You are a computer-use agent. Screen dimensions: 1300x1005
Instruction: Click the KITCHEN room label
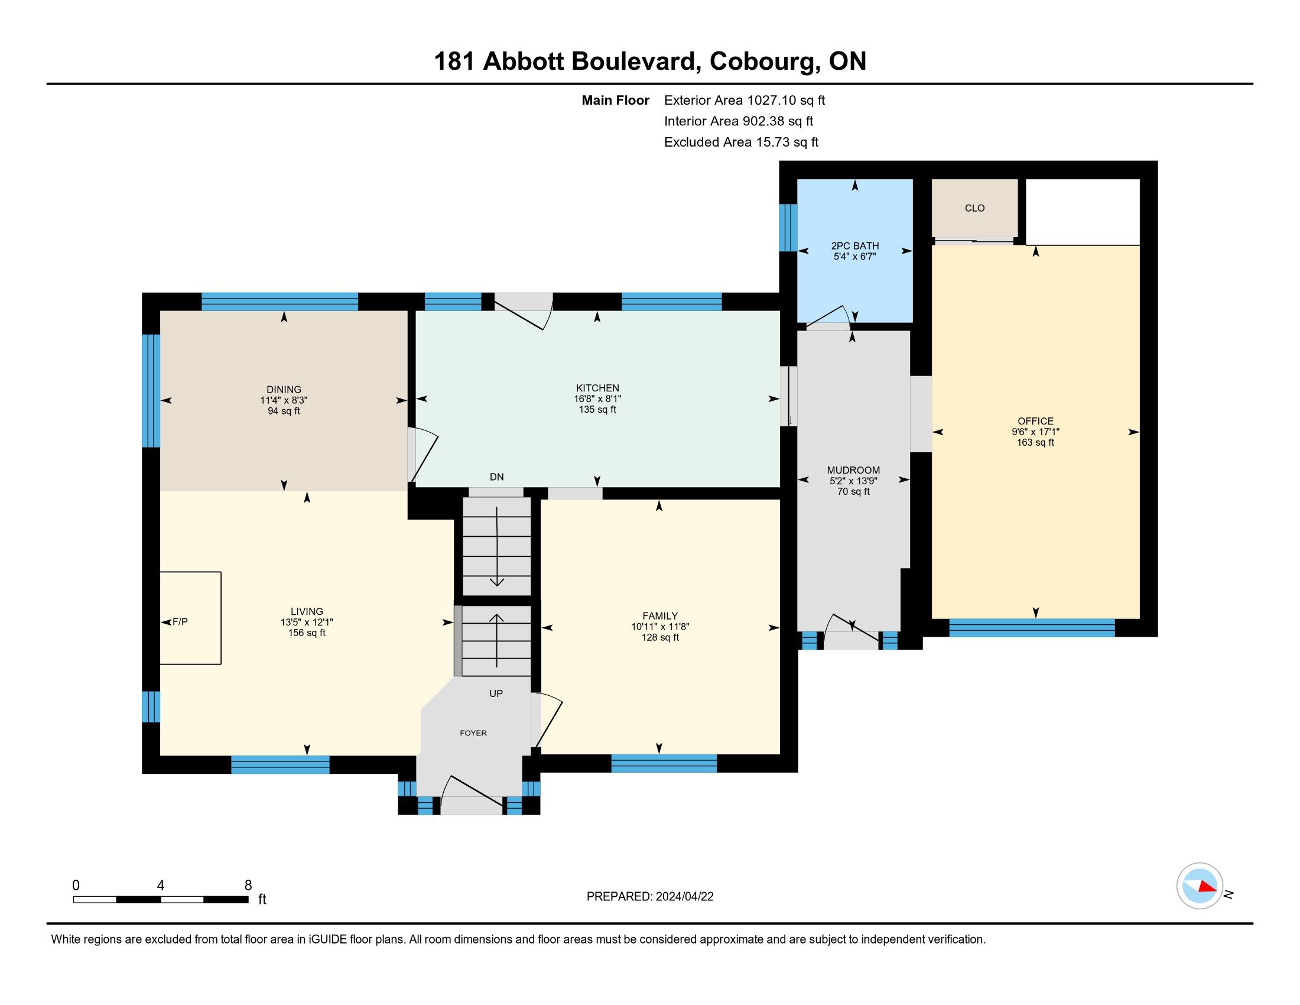pos(597,388)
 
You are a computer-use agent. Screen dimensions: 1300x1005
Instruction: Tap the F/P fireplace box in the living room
pos(190,617)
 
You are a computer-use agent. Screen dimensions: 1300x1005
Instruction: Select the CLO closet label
pos(974,208)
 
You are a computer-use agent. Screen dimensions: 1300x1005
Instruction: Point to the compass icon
pos(1200,886)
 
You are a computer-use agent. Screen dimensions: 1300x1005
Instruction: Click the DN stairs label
pos(496,477)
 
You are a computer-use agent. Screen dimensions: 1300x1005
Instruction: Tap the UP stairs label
pos(496,693)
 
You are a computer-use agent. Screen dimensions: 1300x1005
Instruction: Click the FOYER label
pos(473,733)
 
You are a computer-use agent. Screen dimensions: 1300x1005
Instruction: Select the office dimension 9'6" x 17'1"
pos(1035,432)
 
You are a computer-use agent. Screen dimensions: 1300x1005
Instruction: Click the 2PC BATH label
pos(855,246)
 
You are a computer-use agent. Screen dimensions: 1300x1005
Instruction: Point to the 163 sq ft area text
pos(1035,443)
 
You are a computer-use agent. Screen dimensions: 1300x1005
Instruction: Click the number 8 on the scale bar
pos(248,886)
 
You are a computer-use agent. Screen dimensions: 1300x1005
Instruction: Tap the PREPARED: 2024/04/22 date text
pos(650,897)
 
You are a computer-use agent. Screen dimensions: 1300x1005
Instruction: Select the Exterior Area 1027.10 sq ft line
pos(745,100)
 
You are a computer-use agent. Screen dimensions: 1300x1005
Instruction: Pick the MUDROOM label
pos(853,471)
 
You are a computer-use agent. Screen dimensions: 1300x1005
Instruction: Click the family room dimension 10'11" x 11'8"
pos(660,627)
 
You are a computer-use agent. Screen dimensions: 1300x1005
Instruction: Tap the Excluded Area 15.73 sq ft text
pos(742,142)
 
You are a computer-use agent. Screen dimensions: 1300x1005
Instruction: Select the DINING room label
pos(284,390)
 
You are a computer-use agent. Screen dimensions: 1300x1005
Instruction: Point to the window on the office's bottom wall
pos(1032,628)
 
